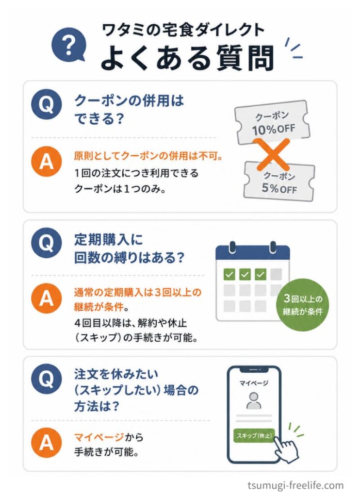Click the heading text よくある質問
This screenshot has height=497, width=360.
pos(187,58)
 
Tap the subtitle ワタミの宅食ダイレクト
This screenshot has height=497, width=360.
pos(183,31)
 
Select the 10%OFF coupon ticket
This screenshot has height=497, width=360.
pos(272,122)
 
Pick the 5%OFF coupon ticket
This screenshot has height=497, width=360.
pos(279,182)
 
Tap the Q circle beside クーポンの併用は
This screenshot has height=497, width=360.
pos(47,104)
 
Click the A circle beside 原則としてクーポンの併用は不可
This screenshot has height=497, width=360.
pos(47,161)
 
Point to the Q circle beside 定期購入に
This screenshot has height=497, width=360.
pos(47,243)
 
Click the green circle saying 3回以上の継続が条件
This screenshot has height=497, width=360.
pos(303,305)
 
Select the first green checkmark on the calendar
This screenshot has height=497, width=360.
pos(229,274)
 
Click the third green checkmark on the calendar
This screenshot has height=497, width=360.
pos(261,274)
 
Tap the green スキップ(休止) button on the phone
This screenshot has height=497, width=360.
pos(254,435)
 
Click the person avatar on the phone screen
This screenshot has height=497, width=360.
pos(254,400)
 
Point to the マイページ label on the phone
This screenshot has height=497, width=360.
pos(254,383)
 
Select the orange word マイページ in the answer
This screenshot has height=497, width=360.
pos(99,437)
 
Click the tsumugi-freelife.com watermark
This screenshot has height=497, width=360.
pos(295,485)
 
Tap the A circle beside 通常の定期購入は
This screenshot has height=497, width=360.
pos(47,298)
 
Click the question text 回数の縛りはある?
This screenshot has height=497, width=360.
pos(129,257)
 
